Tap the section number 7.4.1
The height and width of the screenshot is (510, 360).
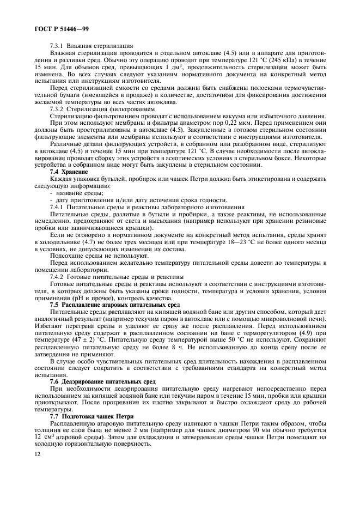pos(57,208)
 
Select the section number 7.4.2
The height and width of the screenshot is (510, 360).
pos(57,277)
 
